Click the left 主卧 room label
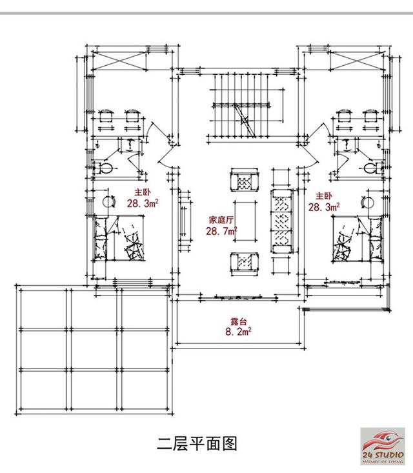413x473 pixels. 142,193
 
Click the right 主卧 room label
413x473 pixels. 323,195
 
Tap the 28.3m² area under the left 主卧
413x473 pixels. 143,205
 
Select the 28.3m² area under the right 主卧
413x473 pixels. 324,206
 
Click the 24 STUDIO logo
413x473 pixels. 385,445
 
